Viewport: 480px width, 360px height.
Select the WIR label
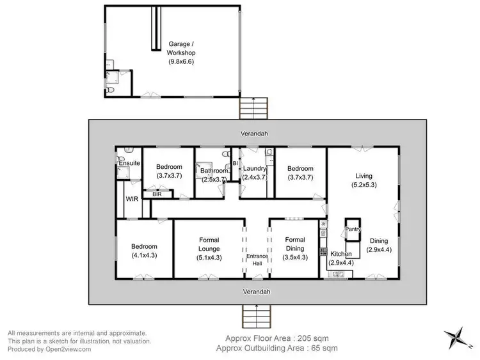tap(132, 200)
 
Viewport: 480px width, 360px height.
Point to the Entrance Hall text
tap(256, 260)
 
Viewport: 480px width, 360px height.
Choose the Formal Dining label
tap(295, 244)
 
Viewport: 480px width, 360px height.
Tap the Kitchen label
tap(340, 254)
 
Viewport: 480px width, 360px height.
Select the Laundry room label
tap(255, 169)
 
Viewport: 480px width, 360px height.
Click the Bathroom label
tap(213, 171)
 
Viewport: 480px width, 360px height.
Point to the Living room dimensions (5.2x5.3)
tap(364, 185)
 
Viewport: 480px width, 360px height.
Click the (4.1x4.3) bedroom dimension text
tap(144, 255)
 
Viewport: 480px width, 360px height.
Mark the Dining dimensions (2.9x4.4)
tap(382, 250)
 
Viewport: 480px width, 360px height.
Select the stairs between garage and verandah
tap(254, 106)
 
